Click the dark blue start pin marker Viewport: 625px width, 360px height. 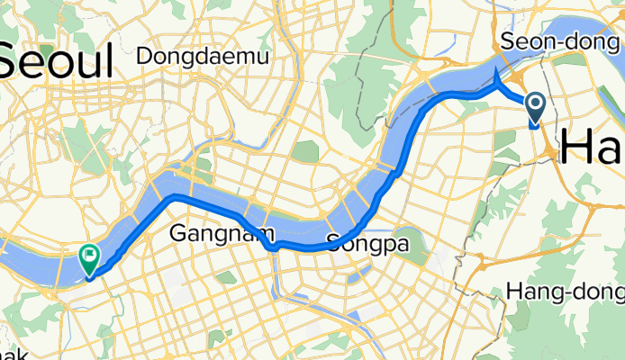pyautogui.click(x=534, y=108)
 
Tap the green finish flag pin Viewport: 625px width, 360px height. pyautogui.click(x=90, y=259)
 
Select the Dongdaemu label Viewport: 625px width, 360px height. pyautogui.click(x=203, y=56)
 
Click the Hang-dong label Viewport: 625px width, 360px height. pyautogui.click(x=565, y=292)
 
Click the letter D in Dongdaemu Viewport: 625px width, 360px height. pyautogui.click(x=144, y=56)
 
